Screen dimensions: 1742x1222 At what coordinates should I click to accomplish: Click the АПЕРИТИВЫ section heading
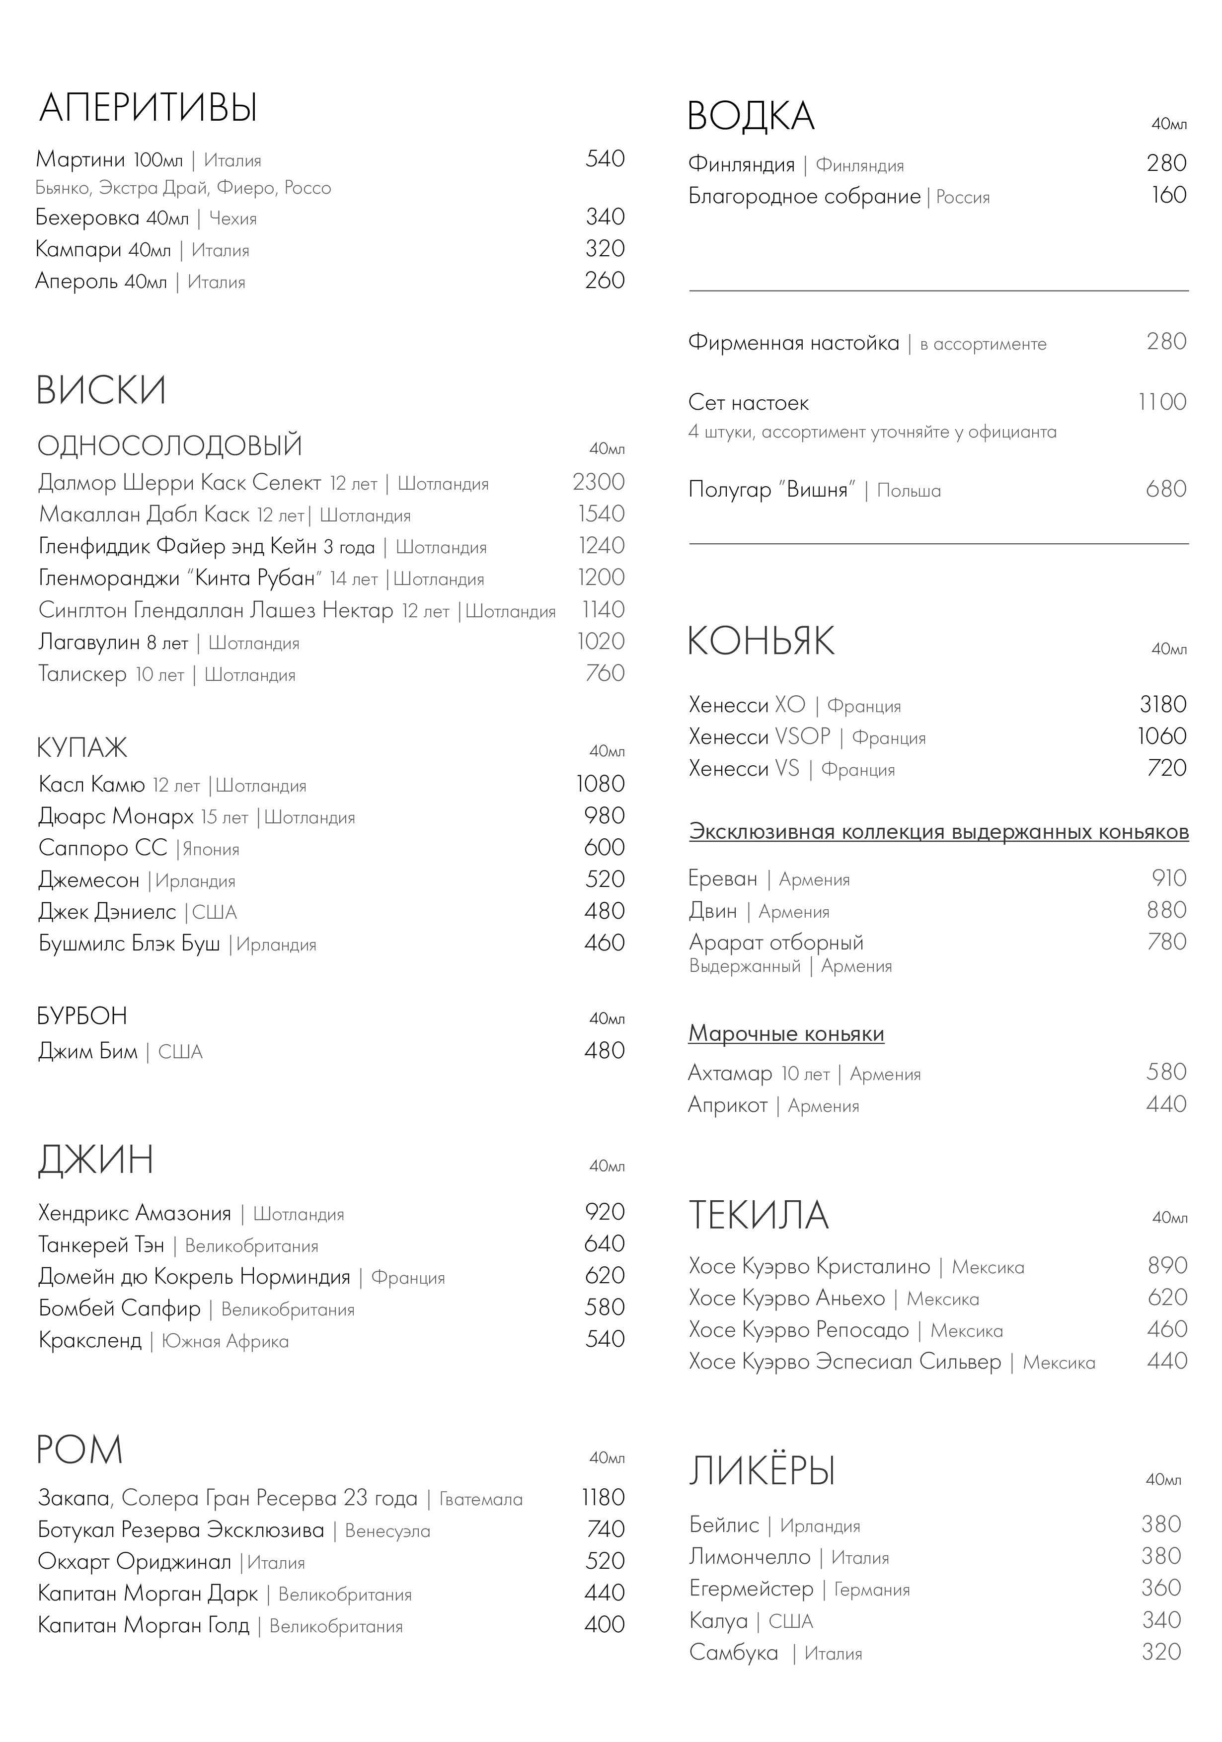click(148, 108)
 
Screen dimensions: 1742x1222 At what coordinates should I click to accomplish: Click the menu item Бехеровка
click(87, 218)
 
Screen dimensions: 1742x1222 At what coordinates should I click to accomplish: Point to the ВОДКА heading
click(751, 117)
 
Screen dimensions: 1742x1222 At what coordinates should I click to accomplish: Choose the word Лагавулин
click(89, 643)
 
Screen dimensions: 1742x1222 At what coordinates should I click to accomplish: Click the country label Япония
click(211, 849)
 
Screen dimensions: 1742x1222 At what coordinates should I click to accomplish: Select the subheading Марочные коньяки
click(786, 1034)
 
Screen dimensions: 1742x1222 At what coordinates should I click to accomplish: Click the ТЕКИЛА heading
click(758, 1215)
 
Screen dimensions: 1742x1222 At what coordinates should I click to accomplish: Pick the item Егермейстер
click(751, 1589)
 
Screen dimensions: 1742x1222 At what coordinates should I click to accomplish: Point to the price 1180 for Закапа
click(603, 1498)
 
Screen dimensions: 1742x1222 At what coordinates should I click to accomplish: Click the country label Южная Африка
click(226, 1341)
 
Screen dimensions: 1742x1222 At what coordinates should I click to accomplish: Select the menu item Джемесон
click(89, 880)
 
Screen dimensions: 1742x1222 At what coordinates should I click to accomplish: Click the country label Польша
click(909, 491)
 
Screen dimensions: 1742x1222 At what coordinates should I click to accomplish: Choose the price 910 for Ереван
click(1169, 878)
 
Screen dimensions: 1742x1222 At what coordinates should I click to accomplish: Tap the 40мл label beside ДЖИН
click(607, 1166)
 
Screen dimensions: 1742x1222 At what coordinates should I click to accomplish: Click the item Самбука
click(733, 1653)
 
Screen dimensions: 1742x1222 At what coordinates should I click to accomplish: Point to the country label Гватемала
click(481, 1499)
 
